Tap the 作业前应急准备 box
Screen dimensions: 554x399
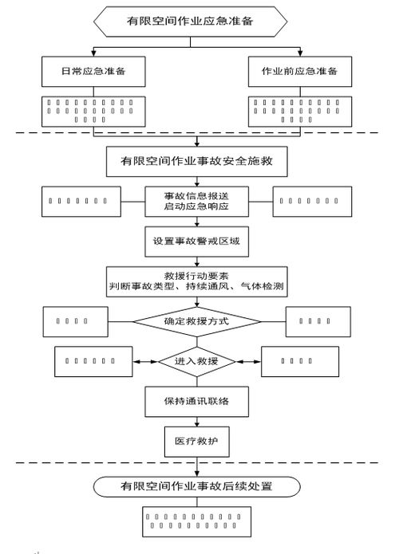300,72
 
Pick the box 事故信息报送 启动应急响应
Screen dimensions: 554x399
197,201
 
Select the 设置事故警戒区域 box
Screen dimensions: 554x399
197,240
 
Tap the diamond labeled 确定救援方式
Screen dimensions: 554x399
197,321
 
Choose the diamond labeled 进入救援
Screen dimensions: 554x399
197,361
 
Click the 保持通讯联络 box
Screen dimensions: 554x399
197,401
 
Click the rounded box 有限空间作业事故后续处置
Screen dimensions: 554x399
197,485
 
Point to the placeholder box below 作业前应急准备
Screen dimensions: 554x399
300,111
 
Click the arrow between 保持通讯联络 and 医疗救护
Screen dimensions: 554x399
197,421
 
